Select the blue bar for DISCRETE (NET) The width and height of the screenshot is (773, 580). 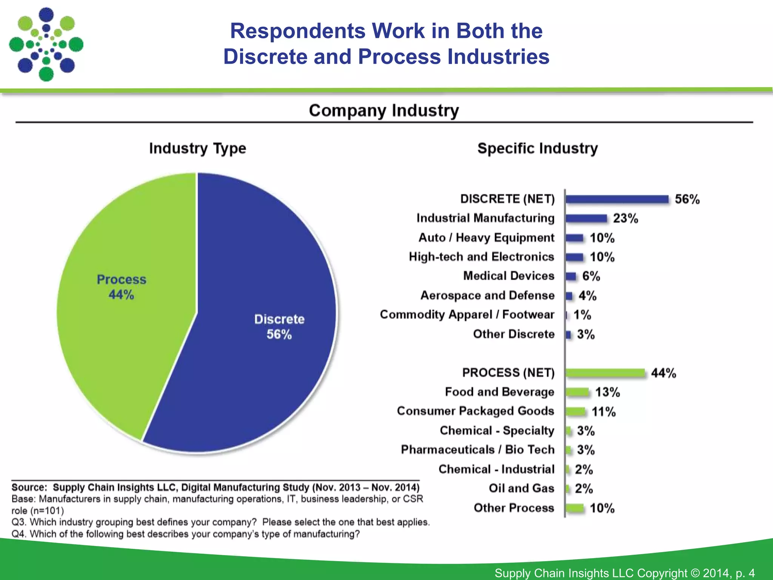pyautogui.click(x=617, y=199)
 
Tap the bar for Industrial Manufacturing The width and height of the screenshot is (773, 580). pyautogui.click(x=586, y=218)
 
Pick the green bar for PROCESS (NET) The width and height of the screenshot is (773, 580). pyautogui.click(x=605, y=373)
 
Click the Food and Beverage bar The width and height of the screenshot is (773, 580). pyautogui.click(x=577, y=392)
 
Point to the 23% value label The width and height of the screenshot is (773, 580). pyautogui.click(x=625, y=218)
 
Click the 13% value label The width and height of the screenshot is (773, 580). pyautogui.click(x=607, y=392)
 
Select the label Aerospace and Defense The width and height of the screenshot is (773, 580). pyautogui.click(x=487, y=295)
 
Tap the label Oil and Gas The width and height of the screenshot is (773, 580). pyautogui.click(x=521, y=488)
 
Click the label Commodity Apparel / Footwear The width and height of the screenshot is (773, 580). pyautogui.click(x=467, y=315)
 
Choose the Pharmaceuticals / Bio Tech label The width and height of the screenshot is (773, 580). pyautogui.click(x=477, y=450)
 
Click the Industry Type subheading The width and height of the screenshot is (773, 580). pyautogui.click(x=197, y=148)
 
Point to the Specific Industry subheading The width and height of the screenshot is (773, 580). pyautogui.click(x=537, y=148)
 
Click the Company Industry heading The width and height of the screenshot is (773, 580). pyautogui.click(x=384, y=111)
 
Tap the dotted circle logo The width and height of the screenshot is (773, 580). pyautogui.click(x=46, y=45)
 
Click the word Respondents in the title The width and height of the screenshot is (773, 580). pyautogui.click(x=298, y=31)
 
